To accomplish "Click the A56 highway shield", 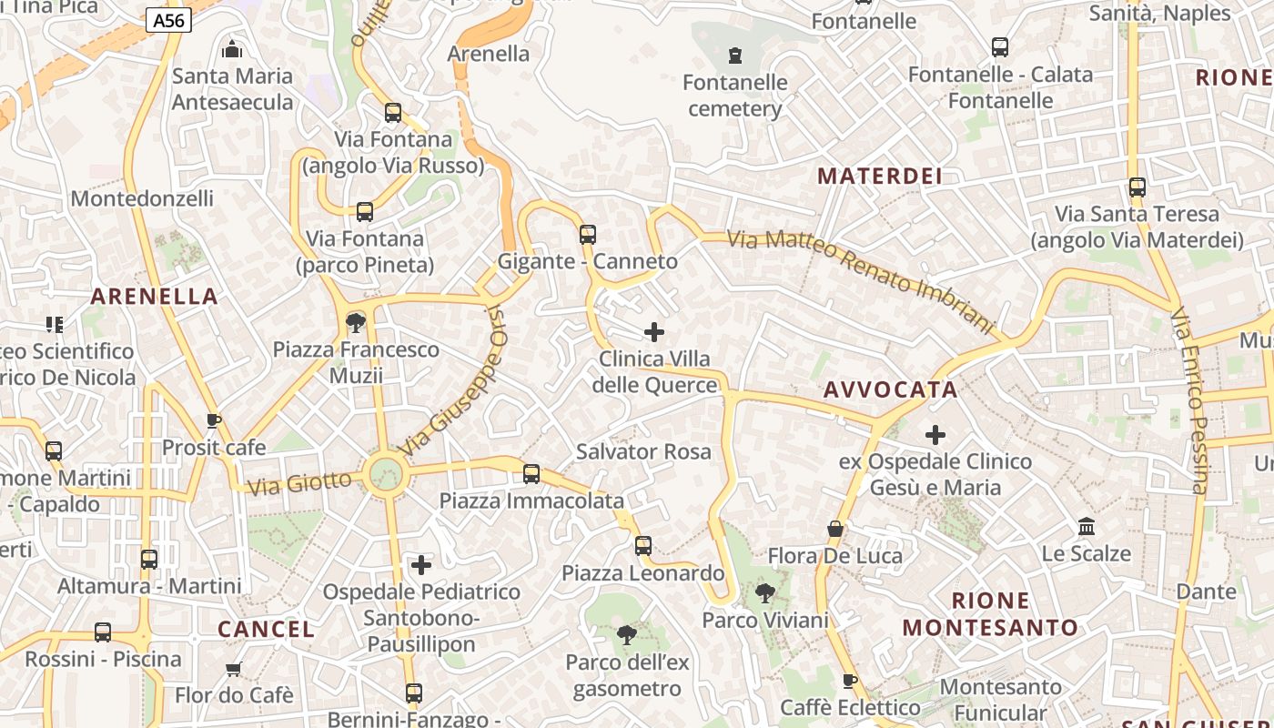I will tap(168, 20).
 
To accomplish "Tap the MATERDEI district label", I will tap(880, 177).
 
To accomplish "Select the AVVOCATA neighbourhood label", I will tap(891, 390).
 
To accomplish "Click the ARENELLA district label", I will tap(155, 296).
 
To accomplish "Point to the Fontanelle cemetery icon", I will tap(735, 56).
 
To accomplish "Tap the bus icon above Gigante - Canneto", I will tap(588, 235).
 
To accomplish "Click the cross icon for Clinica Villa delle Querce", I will tap(654, 332).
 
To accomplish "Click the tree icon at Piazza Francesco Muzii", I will tap(356, 322).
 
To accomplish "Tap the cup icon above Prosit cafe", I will tap(213, 420).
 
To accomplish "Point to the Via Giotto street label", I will tap(299, 482).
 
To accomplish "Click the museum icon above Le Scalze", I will tap(1086, 527).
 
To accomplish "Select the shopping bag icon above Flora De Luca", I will tap(834, 529).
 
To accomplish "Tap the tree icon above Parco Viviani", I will tap(765, 593).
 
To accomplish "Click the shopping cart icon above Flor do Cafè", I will tap(234, 669).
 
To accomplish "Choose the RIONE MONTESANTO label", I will tap(990, 614).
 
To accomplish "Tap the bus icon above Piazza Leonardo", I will tap(643, 546).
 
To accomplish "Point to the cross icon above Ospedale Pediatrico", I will tap(421, 565).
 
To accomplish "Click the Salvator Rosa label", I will tap(643, 451).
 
